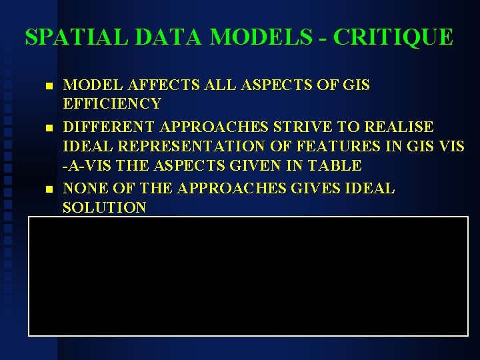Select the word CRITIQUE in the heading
pos(393,37)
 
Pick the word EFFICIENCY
pos(112,103)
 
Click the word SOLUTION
pos(104,207)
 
